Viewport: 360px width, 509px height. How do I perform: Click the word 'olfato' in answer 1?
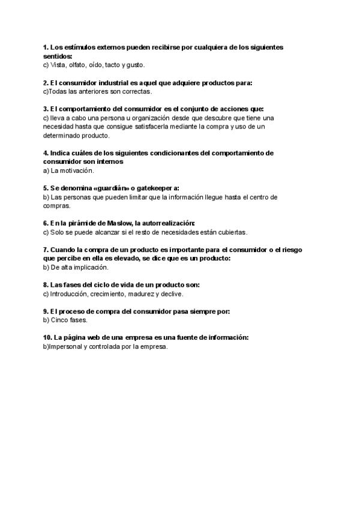click(x=77, y=65)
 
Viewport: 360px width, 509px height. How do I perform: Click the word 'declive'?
click(x=171, y=294)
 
